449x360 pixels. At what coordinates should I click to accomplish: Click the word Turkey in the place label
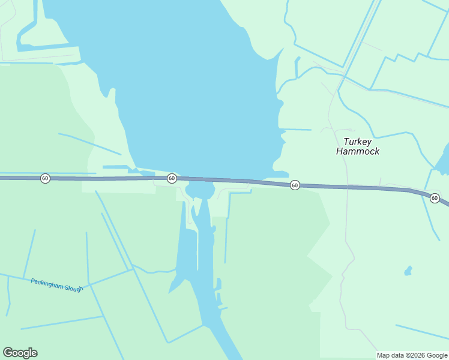[357, 142]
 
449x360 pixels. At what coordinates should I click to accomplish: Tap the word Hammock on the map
[357, 152]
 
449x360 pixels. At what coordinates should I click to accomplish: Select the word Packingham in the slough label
[47, 282]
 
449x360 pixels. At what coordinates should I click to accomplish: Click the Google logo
[20, 353]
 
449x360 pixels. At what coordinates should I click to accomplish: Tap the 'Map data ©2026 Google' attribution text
[412, 355]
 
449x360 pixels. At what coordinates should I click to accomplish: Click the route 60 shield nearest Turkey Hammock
[295, 185]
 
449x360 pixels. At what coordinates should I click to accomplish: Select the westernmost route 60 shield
[45, 178]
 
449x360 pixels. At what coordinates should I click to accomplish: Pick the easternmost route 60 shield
[435, 198]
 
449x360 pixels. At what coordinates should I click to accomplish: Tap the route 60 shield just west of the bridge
[172, 178]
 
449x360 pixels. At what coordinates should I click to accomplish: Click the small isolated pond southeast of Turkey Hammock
[408, 271]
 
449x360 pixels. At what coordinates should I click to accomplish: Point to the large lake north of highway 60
[192, 90]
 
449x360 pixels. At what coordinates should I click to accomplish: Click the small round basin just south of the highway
[200, 191]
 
